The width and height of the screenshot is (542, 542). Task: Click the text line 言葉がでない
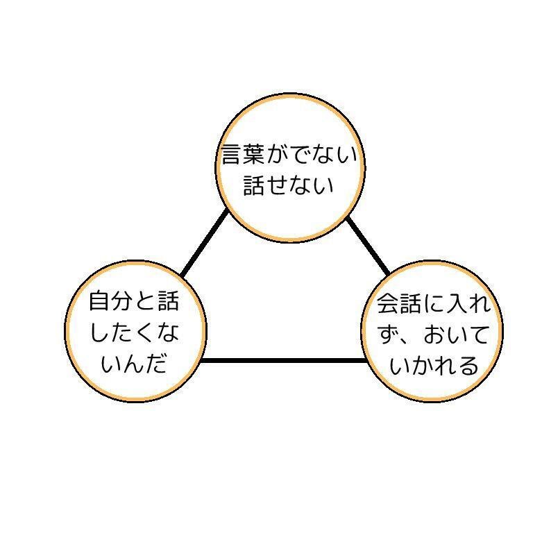(289, 154)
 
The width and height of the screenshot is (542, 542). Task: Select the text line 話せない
(289, 185)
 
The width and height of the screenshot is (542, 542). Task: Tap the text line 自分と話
(134, 302)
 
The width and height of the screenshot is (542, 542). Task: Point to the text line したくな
(134, 333)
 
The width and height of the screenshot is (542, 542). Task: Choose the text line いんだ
(134, 364)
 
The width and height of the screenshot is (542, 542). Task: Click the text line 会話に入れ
(434, 304)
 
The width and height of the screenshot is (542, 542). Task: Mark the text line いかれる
(434, 365)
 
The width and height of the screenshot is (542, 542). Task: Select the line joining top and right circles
(368, 245)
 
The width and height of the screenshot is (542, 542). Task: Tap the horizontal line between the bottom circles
(282, 361)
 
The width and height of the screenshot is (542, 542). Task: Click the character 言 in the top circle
(231, 154)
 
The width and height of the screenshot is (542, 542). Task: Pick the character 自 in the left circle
(101, 302)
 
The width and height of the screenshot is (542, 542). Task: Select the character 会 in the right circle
(389, 304)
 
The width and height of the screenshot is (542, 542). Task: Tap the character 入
(457, 304)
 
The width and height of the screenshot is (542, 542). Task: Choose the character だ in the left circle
(157, 364)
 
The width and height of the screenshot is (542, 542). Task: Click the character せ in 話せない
(278, 185)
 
